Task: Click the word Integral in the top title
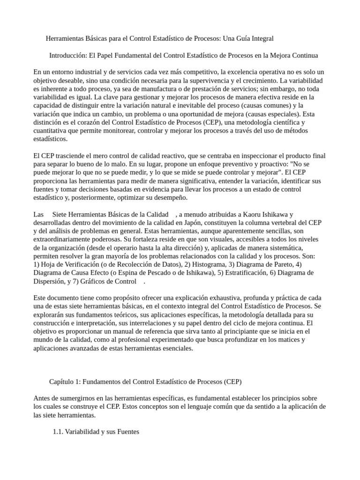(x=261, y=38)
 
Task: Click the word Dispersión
(x=51, y=282)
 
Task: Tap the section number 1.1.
(x=58, y=432)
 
